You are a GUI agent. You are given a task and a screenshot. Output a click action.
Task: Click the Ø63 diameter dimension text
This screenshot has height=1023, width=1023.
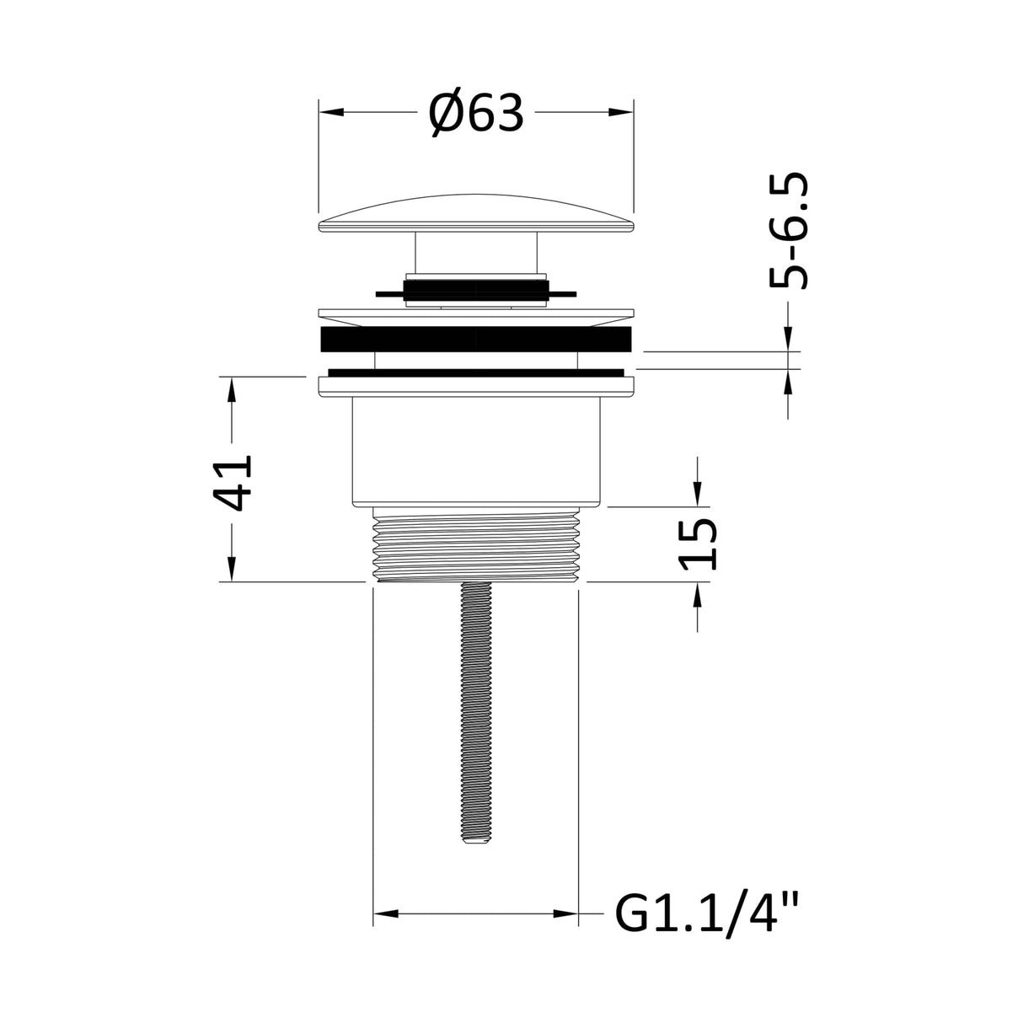coord(475,112)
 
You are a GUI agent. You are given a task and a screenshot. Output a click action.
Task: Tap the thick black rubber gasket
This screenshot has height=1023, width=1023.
coord(475,341)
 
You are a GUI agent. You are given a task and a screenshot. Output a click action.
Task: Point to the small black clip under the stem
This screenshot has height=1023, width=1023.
coord(475,292)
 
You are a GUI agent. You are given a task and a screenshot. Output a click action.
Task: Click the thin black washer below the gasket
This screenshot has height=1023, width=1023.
coord(475,371)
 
